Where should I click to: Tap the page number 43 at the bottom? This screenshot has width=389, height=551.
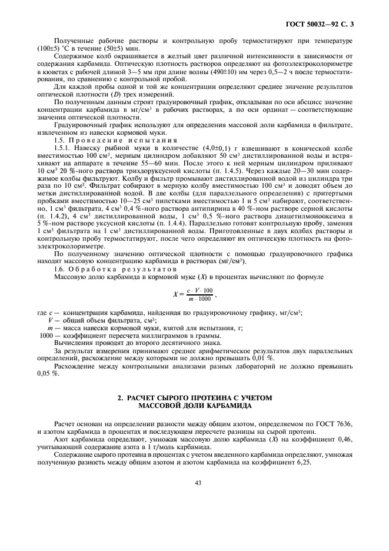click(198, 483)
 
